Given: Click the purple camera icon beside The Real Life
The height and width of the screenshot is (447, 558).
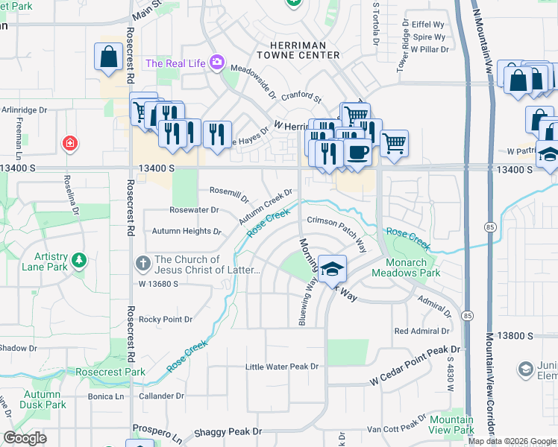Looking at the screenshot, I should [217, 63].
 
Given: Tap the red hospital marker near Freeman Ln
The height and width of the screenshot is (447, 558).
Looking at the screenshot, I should [70, 142].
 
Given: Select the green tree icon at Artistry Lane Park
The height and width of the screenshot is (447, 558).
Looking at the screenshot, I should [78, 261].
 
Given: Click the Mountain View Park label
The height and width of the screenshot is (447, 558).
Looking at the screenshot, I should [451, 425].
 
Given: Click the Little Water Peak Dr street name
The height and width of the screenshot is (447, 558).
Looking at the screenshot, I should [282, 367].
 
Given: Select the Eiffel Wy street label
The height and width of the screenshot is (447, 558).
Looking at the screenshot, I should [428, 24].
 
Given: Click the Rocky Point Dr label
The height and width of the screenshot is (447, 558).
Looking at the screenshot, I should [166, 319].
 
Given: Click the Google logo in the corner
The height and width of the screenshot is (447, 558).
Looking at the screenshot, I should [25, 438].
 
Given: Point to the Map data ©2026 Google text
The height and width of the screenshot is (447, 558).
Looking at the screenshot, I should [512, 441].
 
